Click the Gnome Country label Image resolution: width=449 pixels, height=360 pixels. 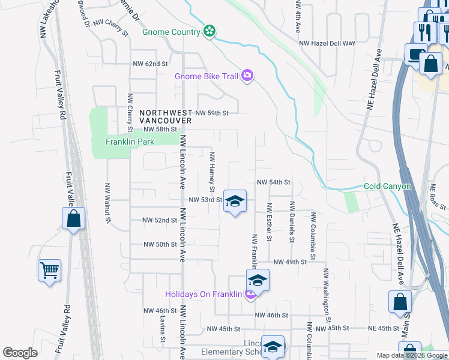pos(171,31)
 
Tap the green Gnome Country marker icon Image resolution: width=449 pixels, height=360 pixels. pos(209,31)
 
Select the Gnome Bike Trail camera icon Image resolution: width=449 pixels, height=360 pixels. pos(247,76)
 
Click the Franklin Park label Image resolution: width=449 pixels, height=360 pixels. pos(130,142)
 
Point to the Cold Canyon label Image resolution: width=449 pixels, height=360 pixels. pos(387,187)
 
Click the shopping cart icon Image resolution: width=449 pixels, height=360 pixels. pos(49,270)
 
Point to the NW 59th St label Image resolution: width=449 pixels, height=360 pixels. pos(212,113)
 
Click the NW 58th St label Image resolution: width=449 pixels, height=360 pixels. pos(160,129)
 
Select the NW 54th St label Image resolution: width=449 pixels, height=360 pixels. pos(274,182)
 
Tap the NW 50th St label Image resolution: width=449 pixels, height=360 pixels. pos(160,244)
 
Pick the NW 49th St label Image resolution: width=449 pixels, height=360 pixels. pos(290,262)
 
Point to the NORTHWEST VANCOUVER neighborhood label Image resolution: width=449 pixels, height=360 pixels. pos(165,116)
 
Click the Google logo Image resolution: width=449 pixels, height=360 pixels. pos(20,353)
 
